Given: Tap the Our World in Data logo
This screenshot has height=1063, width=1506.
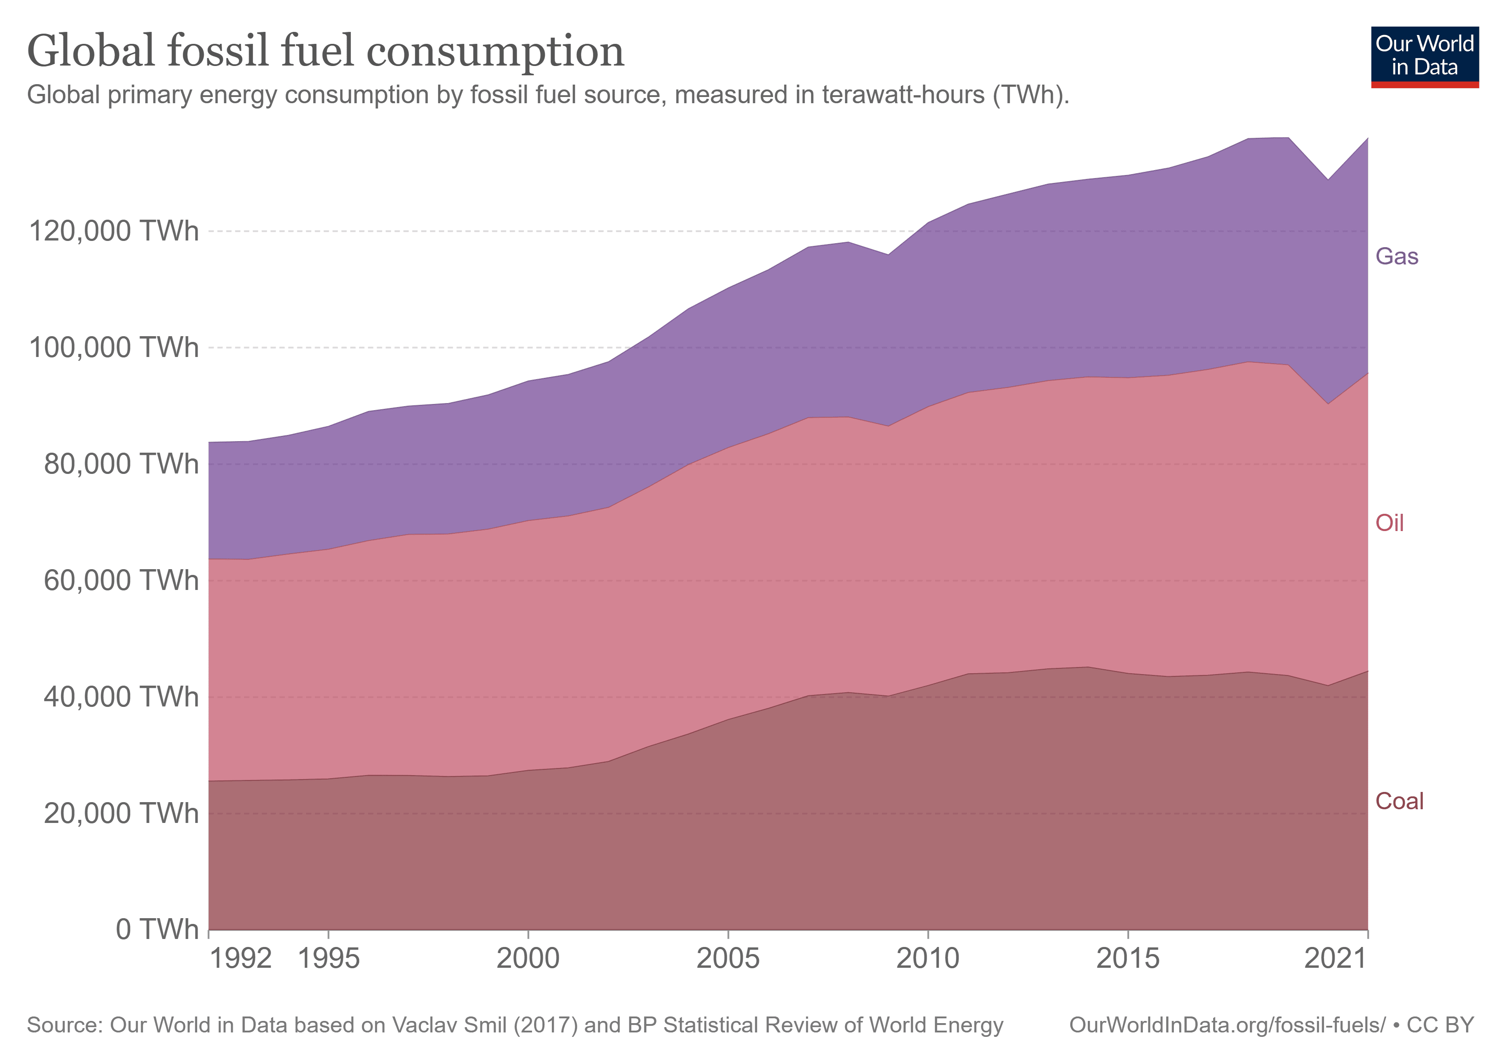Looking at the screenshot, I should click(x=1424, y=56).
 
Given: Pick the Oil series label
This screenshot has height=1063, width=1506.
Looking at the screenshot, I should click(x=1389, y=523).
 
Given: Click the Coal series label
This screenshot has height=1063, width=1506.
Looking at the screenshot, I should click(x=1399, y=801).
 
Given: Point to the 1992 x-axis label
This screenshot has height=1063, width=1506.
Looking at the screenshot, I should click(x=241, y=959).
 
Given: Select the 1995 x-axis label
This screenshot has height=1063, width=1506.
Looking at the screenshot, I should click(x=329, y=959).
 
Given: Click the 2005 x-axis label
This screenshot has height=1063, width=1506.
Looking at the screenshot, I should click(x=728, y=959).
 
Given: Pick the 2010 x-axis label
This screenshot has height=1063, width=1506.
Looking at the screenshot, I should click(x=928, y=959).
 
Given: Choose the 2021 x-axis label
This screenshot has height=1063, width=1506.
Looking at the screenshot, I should click(x=1335, y=959).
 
